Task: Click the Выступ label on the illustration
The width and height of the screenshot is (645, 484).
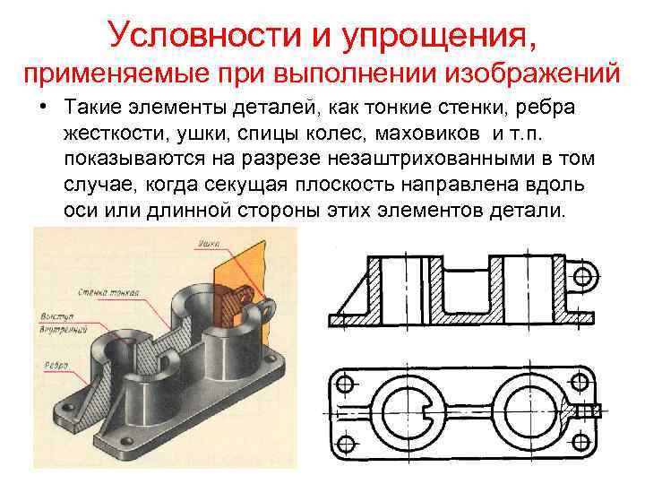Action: (x=57, y=316)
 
